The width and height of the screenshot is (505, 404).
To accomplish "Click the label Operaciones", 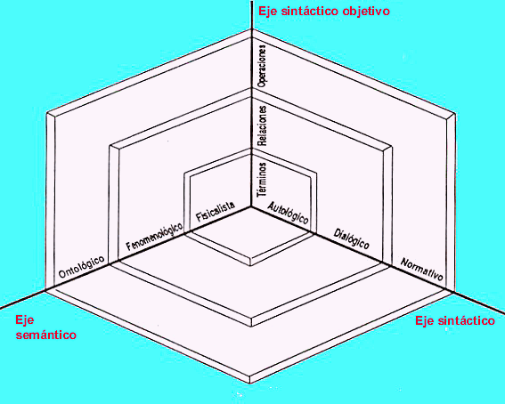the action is point(262,66).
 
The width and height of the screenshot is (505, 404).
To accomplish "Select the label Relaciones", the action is point(263,125).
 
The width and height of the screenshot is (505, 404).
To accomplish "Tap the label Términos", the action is point(262,180).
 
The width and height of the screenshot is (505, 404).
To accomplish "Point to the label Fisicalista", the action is point(216,212).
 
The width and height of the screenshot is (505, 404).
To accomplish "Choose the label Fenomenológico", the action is point(154,237).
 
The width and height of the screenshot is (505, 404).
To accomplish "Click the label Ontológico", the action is point(81,267).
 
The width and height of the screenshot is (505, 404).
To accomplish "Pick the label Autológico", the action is point(289,213).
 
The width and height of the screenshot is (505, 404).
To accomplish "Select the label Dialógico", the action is point(352,238).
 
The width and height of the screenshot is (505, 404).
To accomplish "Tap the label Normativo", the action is point(422,270).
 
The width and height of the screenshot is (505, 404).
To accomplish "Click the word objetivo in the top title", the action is point(366,12).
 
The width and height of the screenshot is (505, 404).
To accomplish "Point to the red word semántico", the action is point(46,335).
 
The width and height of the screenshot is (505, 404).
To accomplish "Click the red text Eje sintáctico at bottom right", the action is point(455,320).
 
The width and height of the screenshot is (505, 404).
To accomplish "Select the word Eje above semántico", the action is point(24,320).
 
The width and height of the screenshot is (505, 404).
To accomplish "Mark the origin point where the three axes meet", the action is point(251,206).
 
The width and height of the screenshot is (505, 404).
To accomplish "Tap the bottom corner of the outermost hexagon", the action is point(250,384).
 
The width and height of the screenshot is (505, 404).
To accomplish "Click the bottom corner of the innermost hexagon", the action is point(250,266).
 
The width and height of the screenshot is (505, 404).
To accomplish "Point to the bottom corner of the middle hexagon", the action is point(251,327).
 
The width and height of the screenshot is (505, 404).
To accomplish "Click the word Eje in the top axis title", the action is point(268,12).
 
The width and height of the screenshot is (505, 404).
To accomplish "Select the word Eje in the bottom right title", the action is point(425,320).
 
